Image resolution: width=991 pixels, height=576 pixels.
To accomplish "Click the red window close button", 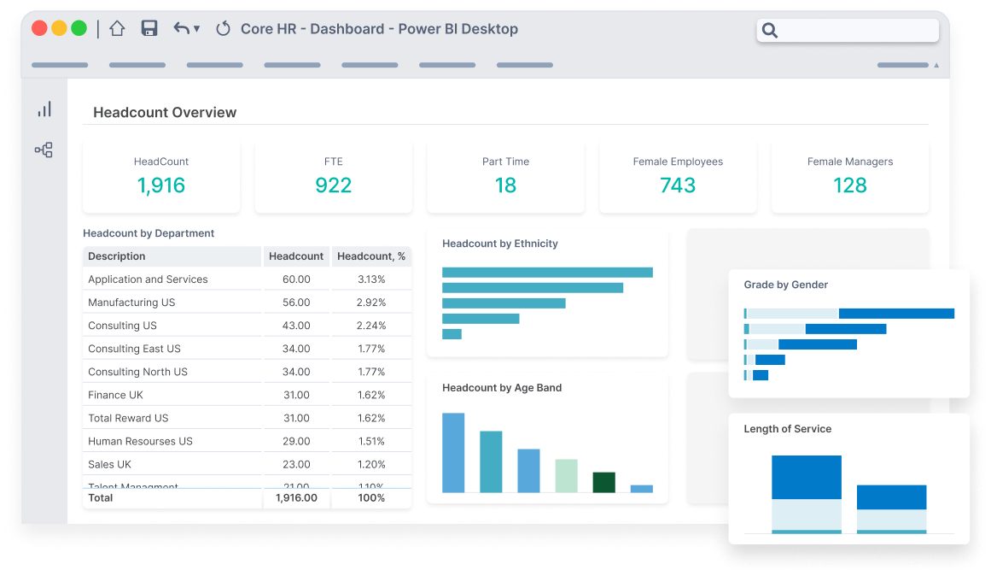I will (39, 28).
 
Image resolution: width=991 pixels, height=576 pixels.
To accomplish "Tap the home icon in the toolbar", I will (117, 28).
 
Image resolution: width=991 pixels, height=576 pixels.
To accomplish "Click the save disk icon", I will (149, 28).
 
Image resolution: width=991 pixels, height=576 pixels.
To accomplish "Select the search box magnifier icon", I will (770, 31).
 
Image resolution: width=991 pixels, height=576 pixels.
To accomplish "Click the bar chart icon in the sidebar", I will (44, 109).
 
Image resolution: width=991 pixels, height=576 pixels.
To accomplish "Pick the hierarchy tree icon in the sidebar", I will (44, 150).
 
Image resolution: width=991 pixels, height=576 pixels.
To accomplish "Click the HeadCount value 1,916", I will (161, 185).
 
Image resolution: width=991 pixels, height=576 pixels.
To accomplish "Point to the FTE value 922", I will (333, 185).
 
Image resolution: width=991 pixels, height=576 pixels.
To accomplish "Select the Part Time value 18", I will (505, 185).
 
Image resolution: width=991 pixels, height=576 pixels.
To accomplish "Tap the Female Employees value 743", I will (678, 185).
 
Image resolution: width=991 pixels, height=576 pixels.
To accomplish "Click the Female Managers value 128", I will (849, 185).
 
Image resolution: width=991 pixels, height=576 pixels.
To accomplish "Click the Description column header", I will (117, 256).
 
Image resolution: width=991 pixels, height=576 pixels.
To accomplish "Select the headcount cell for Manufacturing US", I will (296, 303).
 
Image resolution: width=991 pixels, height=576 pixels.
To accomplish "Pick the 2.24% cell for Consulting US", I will (371, 326).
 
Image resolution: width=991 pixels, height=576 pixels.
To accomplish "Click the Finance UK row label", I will (115, 395).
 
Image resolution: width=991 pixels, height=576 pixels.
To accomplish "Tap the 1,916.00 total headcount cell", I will (296, 497).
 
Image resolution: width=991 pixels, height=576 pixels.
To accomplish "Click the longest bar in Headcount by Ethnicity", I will (547, 273).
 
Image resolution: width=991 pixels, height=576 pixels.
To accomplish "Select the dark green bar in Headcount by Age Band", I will (604, 482).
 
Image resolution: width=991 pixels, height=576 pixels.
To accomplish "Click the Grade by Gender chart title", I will (785, 285).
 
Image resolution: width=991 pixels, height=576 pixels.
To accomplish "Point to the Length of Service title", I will (787, 429).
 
